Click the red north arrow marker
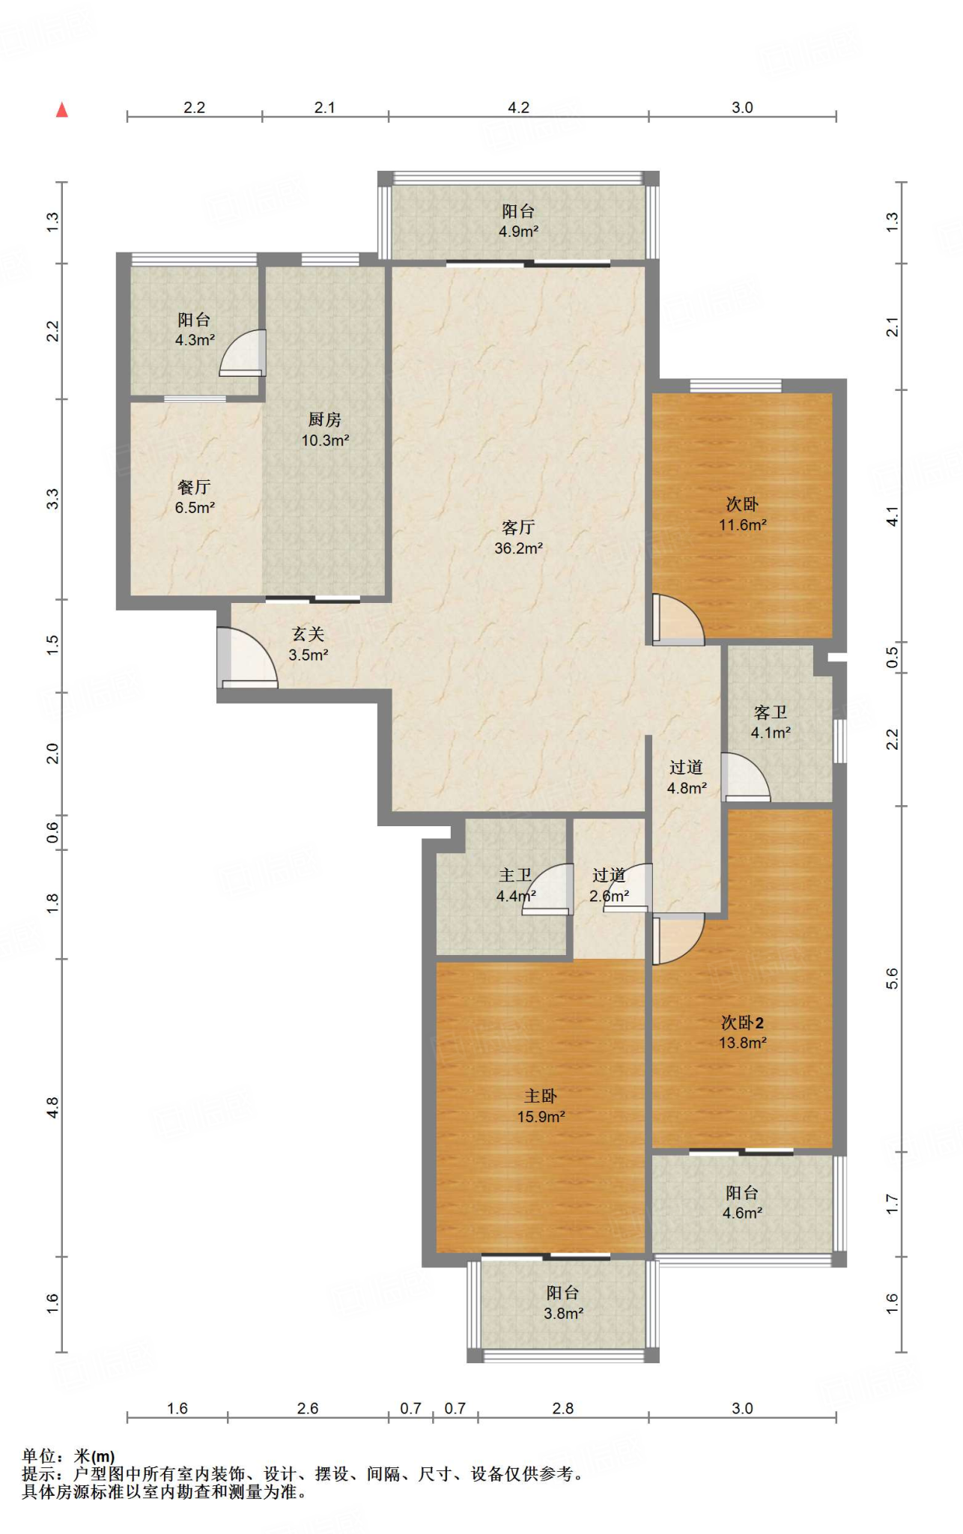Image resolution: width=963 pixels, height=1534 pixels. pyautogui.click(x=62, y=110)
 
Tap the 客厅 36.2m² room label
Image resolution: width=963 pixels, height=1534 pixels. pyautogui.click(x=518, y=538)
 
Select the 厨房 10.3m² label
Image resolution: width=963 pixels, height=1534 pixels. pyautogui.click(x=325, y=430)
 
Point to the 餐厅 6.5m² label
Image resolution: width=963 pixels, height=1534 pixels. pyautogui.click(x=195, y=497)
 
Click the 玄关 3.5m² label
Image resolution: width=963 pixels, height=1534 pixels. pyautogui.click(x=309, y=644)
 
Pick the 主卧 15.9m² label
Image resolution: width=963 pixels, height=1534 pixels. pyautogui.click(x=541, y=1106)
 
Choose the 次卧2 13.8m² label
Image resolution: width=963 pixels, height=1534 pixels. pyautogui.click(x=743, y=1032)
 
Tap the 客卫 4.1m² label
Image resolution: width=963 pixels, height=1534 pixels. pyautogui.click(x=771, y=722)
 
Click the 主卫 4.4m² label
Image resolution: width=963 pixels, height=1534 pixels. pyautogui.click(x=516, y=885)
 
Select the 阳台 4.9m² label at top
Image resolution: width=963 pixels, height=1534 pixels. pyautogui.click(x=518, y=221)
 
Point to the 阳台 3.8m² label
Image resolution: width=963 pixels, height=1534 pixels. pyautogui.click(x=563, y=1303)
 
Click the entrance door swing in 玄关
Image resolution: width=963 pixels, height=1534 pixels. pyautogui.click(x=248, y=658)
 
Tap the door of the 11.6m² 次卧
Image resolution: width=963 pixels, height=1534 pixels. pyautogui.click(x=678, y=619)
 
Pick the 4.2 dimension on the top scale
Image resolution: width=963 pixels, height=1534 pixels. pyautogui.click(x=518, y=108)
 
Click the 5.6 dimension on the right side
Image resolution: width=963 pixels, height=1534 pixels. pyautogui.click(x=892, y=978)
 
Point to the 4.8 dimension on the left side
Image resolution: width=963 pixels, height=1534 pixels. pyautogui.click(x=52, y=1107)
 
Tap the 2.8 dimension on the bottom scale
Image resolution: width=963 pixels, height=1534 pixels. pyautogui.click(x=563, y=1409)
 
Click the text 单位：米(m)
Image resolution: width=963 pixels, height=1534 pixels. pyautogui.click(x=68, y=1456)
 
